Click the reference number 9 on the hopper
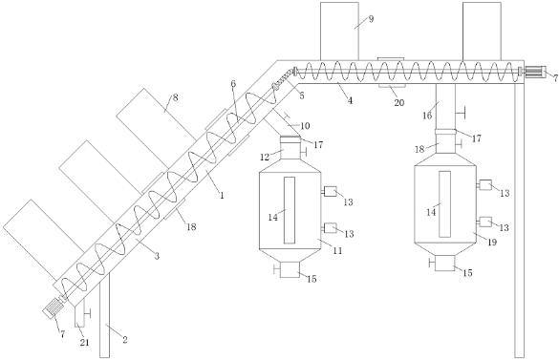pyautogui.click(x=371, y=19)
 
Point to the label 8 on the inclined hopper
pyautogui.click(x=175, y=97)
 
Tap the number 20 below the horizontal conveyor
pyautogui.click(x=398, y=103)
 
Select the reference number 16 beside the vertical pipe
pyautogui.click(x=427, y=116)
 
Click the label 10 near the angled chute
pyautogui.click(x=305, y=126)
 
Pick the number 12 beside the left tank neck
pyautogui.click(x=265, y=157)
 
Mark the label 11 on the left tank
pyautogui.click(x=337, y=250)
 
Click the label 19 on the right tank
pyautogui.click(x=492, y=243)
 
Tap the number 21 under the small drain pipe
pyautogui.click(x=84, y=343)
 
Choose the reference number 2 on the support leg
pyautogui.click(x=125, y=340)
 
